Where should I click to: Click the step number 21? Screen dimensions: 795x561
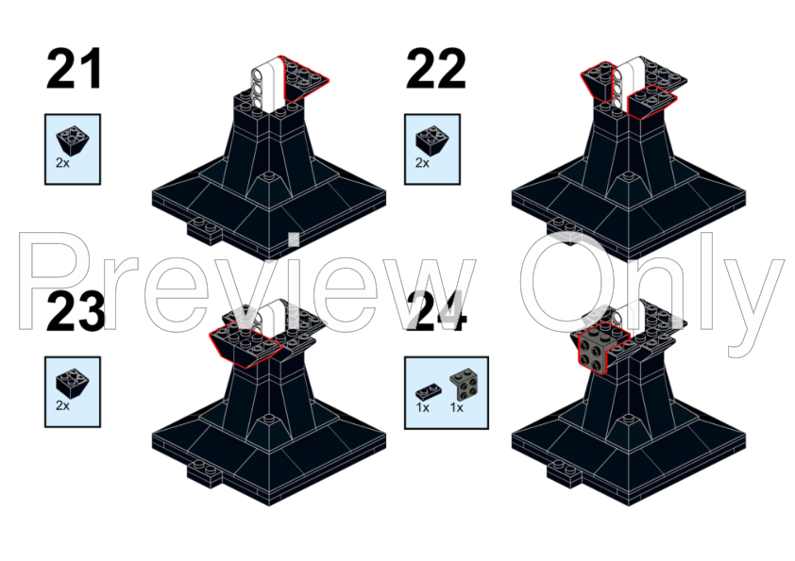tap(74, 69)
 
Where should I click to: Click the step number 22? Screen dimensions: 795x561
tap(435, 69)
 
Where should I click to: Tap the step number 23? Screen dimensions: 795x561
tap(76, 312)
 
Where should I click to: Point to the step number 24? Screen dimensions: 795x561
tap(435, 312)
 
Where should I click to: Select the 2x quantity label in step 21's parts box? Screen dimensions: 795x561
tap(62, 163)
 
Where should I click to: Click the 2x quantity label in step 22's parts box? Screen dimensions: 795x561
tap(422, 163)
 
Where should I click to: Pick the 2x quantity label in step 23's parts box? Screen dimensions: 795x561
tap(62, 405)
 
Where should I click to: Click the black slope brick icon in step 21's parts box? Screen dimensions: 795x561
tap(73, 140)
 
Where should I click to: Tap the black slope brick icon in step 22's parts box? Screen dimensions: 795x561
tap(432, 140)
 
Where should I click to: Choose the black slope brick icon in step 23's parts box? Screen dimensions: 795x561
tap(73, 383)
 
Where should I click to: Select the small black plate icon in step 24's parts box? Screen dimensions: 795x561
tap(428, 392)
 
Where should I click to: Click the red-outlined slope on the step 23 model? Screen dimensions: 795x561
tap(245, 344)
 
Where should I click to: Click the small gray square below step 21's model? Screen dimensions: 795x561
tap(294, 239)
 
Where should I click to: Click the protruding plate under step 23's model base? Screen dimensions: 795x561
tap(204, 475)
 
